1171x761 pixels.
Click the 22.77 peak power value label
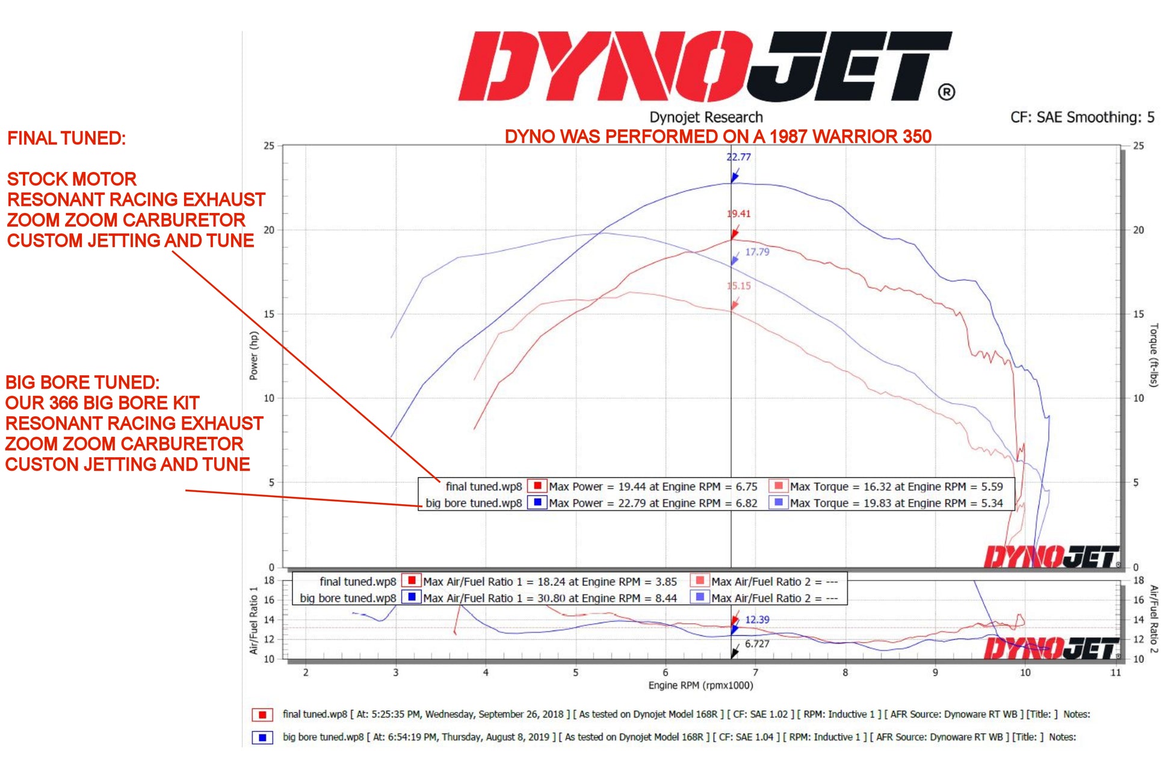(738, 157)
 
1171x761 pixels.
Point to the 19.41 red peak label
(738, 214)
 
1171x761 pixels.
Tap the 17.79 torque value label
(757, 252)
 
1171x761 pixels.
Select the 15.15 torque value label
(739, 286)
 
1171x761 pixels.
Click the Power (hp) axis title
(253, 356)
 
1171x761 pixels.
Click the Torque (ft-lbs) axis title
(1154, 355)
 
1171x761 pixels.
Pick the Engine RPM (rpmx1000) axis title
(700, 685)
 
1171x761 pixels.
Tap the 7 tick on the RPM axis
(755, 673)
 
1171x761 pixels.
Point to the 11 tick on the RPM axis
(1115, 673)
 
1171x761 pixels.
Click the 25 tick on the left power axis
(268, 146)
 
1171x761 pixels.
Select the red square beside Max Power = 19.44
(537, 486)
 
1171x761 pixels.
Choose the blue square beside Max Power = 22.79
(537, 502)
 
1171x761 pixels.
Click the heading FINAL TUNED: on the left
(67, 138)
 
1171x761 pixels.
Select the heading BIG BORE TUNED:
(82, 383)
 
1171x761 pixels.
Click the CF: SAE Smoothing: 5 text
(1082, 117)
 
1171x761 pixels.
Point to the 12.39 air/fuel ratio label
(757, 620)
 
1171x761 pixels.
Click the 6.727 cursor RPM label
(757, 644)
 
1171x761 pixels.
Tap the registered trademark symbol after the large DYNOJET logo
(947, 92)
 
